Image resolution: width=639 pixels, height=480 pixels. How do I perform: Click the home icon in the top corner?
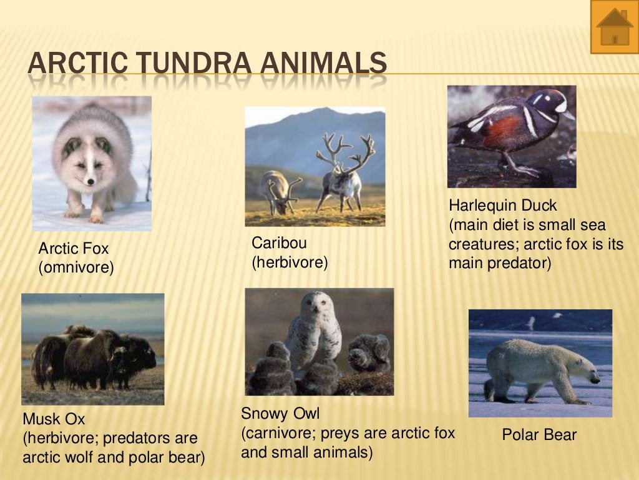point(615,27)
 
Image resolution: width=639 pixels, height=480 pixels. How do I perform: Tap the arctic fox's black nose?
point(91,181)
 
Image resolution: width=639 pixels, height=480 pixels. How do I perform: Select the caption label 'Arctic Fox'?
point(74,250)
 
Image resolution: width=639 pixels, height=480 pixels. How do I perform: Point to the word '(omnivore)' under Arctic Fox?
point(76,269)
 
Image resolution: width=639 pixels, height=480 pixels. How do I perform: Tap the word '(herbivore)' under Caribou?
point(290,262)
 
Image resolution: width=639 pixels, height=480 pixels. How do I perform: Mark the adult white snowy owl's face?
point(314,304)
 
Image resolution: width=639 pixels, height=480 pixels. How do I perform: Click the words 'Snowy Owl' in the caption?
point(280,414)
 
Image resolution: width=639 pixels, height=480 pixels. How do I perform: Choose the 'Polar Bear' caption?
point(539,435)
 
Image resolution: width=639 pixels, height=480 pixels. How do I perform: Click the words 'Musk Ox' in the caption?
point(54,419)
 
